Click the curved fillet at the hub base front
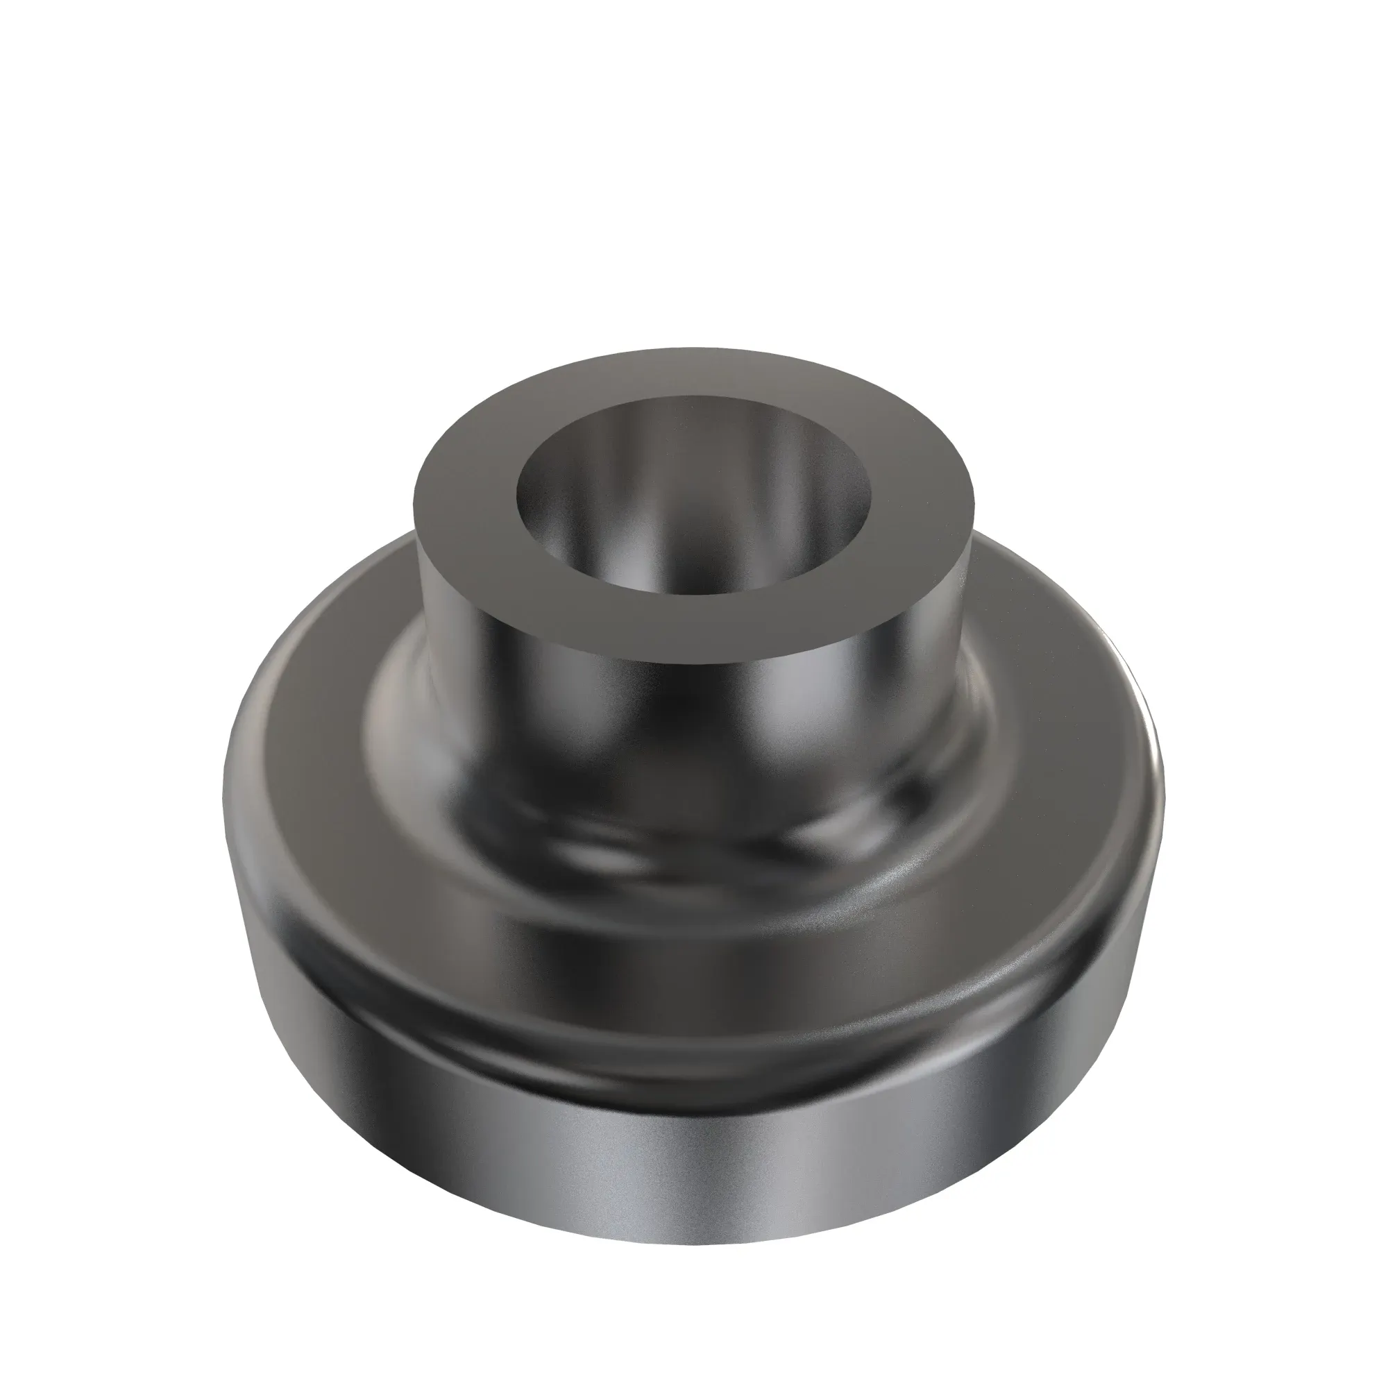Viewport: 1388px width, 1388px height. (693, 855)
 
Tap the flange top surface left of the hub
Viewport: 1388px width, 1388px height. (302, 718)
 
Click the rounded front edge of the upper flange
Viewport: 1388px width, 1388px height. (693, 999)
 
